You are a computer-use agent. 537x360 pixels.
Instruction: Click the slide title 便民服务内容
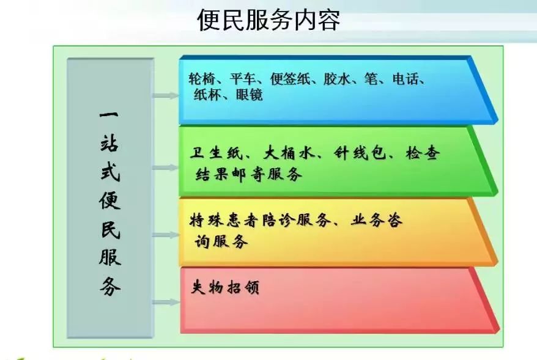pyautogui.click(x=268, y=20)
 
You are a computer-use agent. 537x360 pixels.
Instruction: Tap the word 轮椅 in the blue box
pyautogui.click(x=202, y=79)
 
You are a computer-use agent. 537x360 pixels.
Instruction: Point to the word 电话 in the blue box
pyautogui.click(x=406, y=79)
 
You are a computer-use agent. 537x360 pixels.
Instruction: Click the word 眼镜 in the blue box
pyautogui.click(x=250, y=95)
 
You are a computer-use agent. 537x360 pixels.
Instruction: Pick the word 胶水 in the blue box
pyautogui.click(x=337, y=79)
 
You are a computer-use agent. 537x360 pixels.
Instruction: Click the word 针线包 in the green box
pyautogui.click(x=360, y=153)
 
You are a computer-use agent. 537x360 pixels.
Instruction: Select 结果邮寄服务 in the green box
pyautogui.click(x=249, y=174)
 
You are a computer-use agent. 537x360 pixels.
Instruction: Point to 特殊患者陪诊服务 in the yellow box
pyautogui.click(x=261, y=220)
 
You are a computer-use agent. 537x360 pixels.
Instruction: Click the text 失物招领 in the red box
pyautogui.click(x=225, y=287)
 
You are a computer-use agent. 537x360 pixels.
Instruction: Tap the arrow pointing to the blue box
pyautogui.click(x=166, y=96)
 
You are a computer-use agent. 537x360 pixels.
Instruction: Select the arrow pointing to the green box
pyautogui.click(x=166, y=167)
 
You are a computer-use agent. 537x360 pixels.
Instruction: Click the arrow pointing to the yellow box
pyautogui.click(x=166, y=235)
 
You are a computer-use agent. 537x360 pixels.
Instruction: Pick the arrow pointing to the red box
pyautogui.click(x=166, y=302)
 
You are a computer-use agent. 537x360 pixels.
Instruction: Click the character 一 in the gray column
pyautogui.click(x=109, y=115)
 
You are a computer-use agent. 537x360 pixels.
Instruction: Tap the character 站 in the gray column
pyautogui.click(x=109, y=142)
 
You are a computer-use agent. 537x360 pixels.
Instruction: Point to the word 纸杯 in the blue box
pyautogui.click(x=207, y=95)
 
